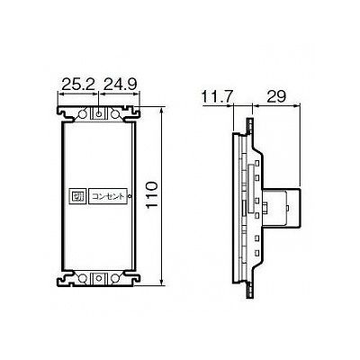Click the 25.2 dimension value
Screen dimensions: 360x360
pyautogui.click(x=78, y=85)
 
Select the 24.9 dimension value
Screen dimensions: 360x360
pyautogui.click(x=120, y=85)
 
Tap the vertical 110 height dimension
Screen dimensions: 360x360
pyautogui.click(x=151, y=195)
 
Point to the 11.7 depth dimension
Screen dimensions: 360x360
pyautogui.click(x=217, y=97)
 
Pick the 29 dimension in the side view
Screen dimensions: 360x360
pyautogui.click(x=275, y=96)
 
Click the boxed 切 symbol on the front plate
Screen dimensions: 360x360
pyautogui.click(x=78, y=197)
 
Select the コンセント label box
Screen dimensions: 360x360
pyautogui.click(x=108, y=197)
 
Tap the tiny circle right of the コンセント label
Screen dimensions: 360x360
pyautogui.click(x=130, y=196)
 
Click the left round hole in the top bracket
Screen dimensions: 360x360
pyautogui.click(x=82, y=114)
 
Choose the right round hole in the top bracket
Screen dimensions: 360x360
pyautogui.click(x=114, y=114)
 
